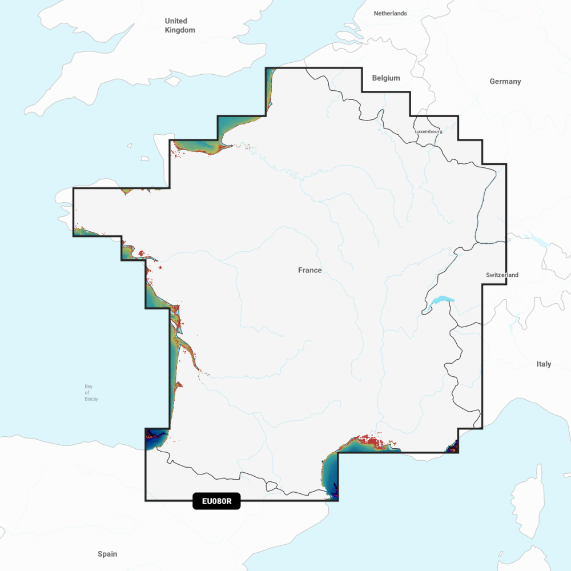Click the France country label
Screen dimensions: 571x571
[309, 270]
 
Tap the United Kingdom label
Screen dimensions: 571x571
[180, 26]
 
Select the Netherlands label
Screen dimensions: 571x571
[390, 13]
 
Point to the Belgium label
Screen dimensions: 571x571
[386, 78]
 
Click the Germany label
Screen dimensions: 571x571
[505, 82]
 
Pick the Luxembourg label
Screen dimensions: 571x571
[428, 131]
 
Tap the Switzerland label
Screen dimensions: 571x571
[502, 275]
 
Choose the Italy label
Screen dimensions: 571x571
[544, 364]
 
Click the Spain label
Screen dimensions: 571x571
[107, 554]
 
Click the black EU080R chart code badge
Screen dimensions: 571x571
[216, 502]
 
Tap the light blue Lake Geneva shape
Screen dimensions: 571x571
[441, 301]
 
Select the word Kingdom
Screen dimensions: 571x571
[180, 30]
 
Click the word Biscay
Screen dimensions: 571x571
[91, 399]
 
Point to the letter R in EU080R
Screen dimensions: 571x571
[228, 502]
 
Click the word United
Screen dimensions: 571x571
[176, 21]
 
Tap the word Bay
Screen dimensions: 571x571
[89, 387]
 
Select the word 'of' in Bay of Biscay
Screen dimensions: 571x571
[87, 393]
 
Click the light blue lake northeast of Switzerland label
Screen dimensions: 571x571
[536, 238]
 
